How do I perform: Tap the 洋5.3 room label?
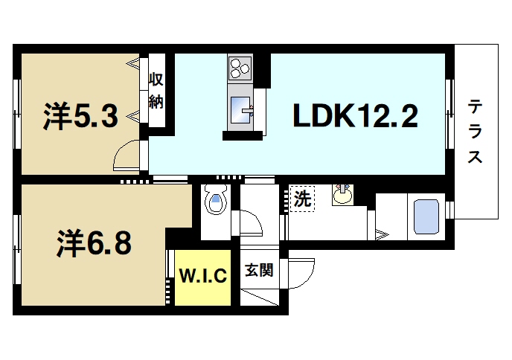[x=80, y=116]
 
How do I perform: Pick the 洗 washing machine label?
[x=301, y=199]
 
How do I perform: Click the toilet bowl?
[x=217, y=202]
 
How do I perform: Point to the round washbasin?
[x=342, y=196]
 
